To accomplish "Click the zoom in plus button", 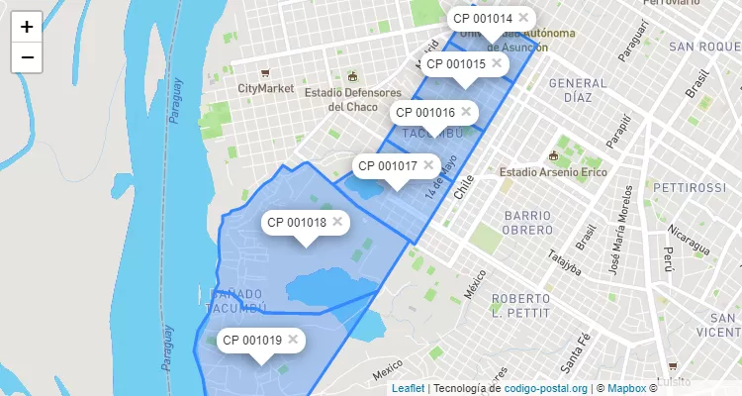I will pyautogui.click(x=27, y=27).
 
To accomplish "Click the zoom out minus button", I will pyautogui.click(x=27, y=57).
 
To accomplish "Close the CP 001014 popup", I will pyautogui.click(x=523, y=18).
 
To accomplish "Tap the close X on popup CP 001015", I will pyautogui.click(x=497, y=63).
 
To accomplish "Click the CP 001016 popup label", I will pyautogui.click(x=422, y=113).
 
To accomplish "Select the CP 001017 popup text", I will pyautogui.click(x=386, y=166).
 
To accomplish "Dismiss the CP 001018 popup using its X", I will pyautogui.click(x=337, y=222).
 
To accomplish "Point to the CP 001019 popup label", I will pyautogui.click(x=252, y=341).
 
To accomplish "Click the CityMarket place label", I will pyautogui.click(x=266, y=88).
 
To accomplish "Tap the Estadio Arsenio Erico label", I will pyautogui.click(x=550, y=171).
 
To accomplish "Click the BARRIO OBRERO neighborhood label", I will pyautogui.click(x=534, y=223).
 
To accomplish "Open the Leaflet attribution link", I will pyautogui.click(x=409, y=388).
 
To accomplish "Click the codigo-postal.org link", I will pyautogui.click(x=546, y=388).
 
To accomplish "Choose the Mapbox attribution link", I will pyautogui.click(x=625, y=388).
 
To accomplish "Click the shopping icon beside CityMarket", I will pyautogui.click(x=264, y=73).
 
